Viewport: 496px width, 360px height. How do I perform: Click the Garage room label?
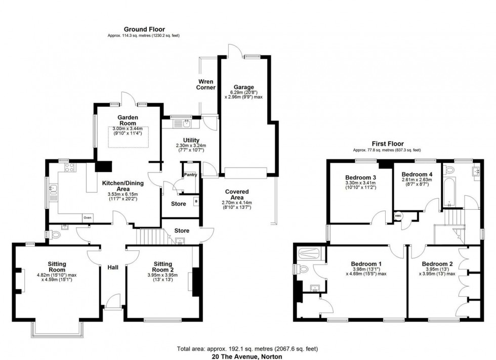[x=244, y=87]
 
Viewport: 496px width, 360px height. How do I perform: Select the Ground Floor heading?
[x=143, y=29]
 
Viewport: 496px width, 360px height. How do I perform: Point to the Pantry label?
[x=190, y=174]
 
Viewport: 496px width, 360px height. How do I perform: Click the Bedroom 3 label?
[x=360, y=177]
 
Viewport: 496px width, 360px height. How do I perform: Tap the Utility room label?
[x=191, y=140]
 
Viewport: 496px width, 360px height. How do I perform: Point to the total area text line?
[x=247, y=348]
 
